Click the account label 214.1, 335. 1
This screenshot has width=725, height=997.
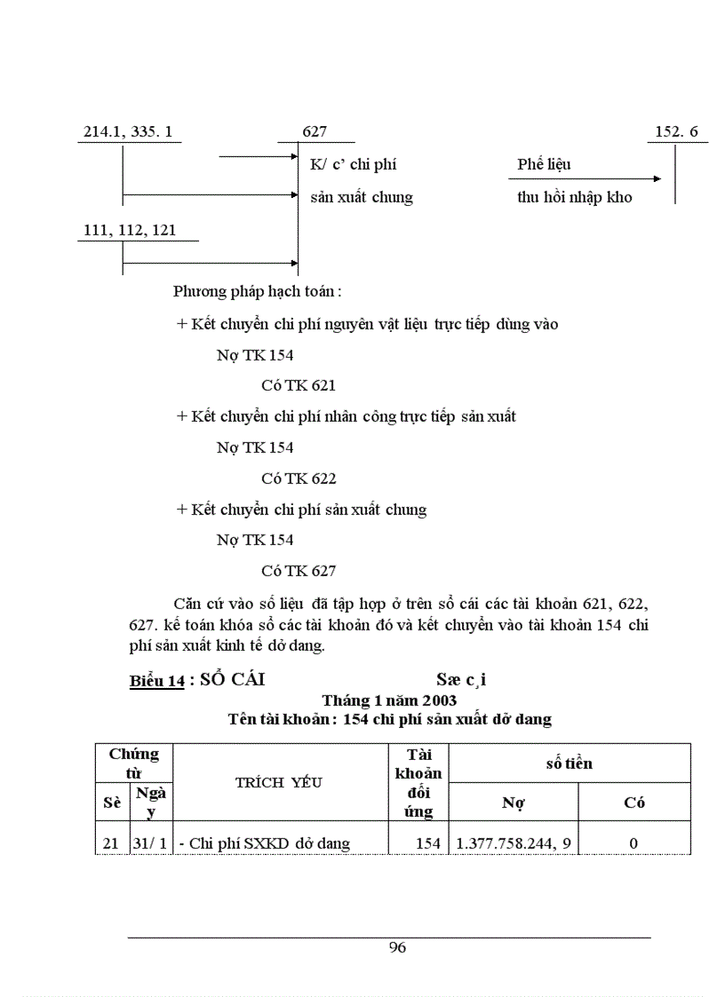(x=128, y=132)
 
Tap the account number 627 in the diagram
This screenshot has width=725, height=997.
(x=315, y=132)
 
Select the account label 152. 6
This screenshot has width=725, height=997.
(x=676, y=132)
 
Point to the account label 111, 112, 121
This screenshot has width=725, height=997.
(x=130, y=230)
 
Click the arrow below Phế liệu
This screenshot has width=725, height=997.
(x=589, y=178)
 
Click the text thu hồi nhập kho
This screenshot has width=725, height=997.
(x=575, y=197)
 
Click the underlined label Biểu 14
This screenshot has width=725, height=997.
(x=156, y=681)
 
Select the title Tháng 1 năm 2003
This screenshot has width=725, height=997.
(x=389, y=700)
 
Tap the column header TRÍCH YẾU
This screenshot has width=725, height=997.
(x=278, y=782)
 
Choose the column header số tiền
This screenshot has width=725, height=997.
(x=569, y=763)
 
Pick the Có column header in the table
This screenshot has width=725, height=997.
(x=633, y=803)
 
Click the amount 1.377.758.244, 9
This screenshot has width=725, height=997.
(x=514, y=843)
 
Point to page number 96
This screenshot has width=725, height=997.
(x=397, y=947)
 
